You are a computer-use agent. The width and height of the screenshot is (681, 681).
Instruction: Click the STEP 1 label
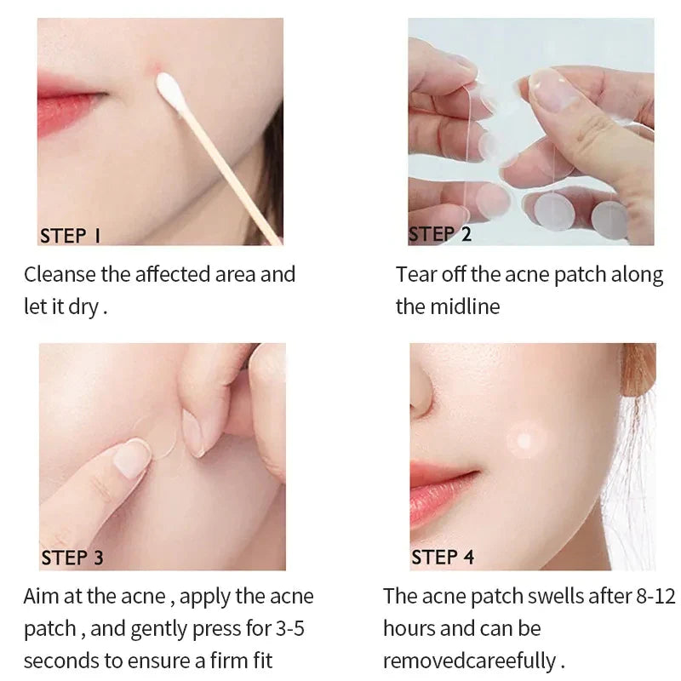tap(70, 236)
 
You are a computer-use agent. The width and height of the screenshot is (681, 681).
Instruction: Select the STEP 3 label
tap(72, 558)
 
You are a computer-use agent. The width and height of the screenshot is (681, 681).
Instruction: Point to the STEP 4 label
tap(443, 558)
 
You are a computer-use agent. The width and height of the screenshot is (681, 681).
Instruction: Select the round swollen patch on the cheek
tap(526, 440)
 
